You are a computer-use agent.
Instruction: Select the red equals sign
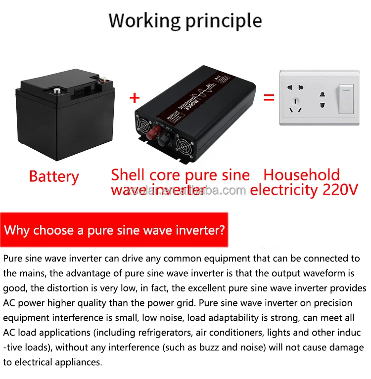(x=269, y=97)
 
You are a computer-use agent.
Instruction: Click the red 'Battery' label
(x=54, y=177)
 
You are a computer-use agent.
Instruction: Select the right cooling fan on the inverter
(x=185, y=144)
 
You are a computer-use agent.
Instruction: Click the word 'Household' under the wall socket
(x=302, y=175)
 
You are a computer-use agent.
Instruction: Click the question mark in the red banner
(x=222, y=230)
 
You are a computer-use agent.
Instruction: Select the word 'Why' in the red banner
(x=18, y=230)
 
